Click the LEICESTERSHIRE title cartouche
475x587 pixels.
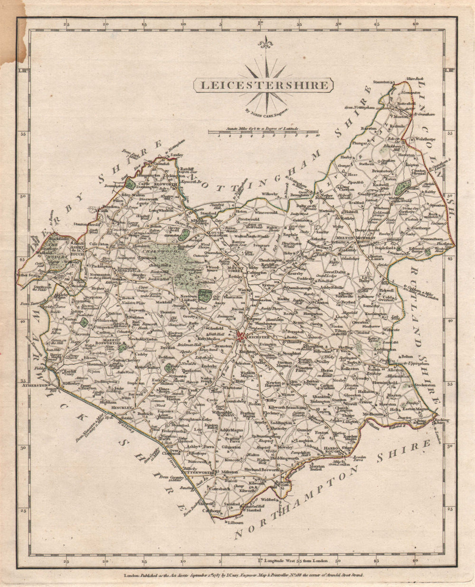click(x=263, y=85)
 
